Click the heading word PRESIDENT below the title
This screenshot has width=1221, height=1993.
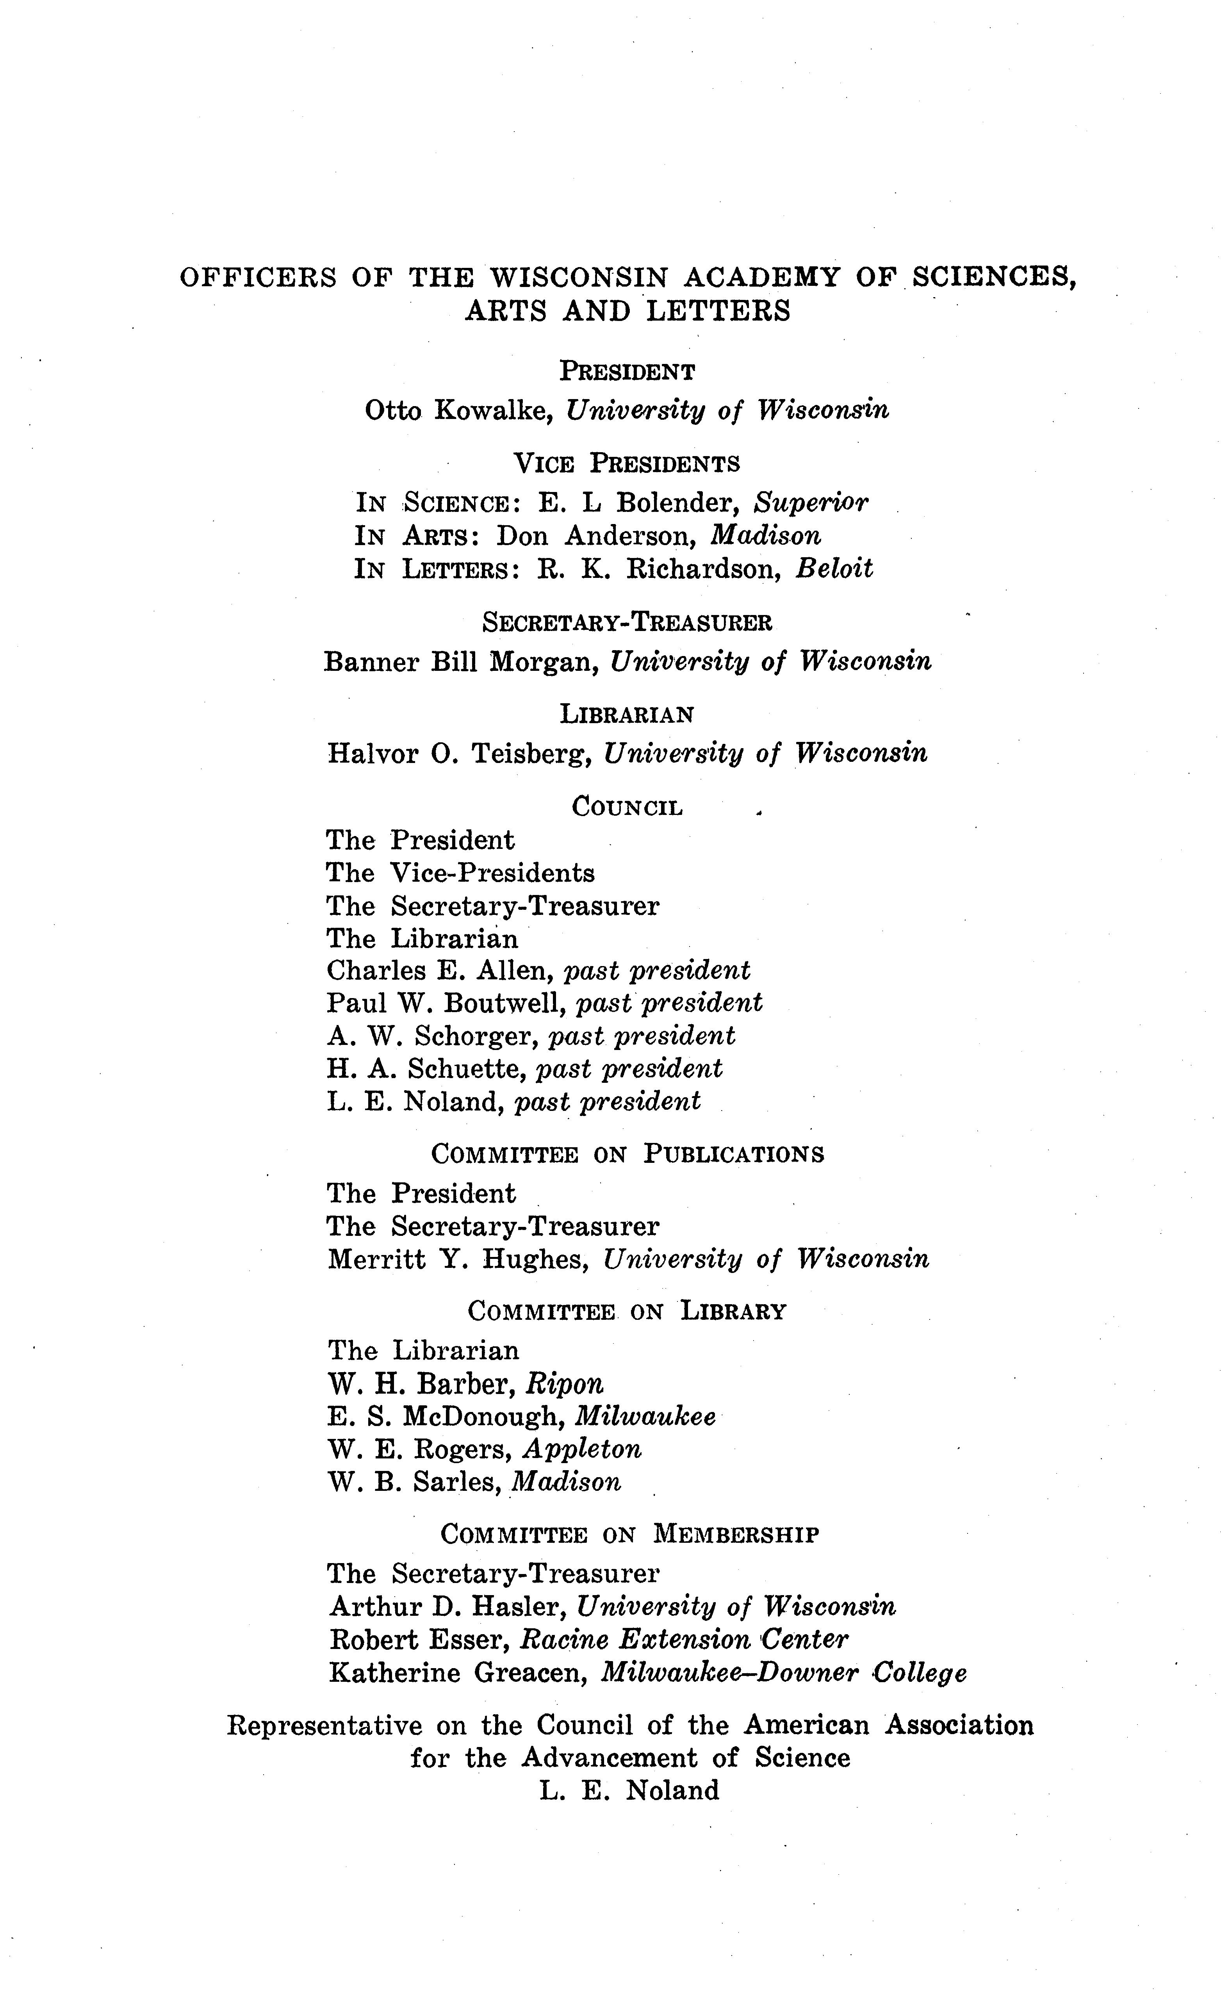click(x=627, y=372)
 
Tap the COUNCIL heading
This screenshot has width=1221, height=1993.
click(x=627, y=806)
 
